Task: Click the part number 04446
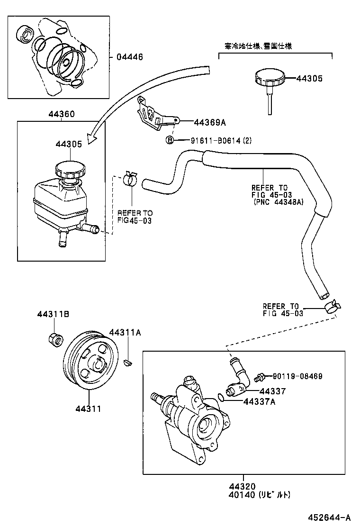[129, 57]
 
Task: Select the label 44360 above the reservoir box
[61, 114]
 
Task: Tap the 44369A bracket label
[209, 122]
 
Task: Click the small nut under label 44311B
[55, 339]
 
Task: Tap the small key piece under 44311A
[126, 363]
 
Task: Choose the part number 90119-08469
[297, 376]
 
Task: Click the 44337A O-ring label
[259, 402]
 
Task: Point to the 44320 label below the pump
[243, 486]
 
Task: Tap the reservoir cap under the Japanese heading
[270, 78]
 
